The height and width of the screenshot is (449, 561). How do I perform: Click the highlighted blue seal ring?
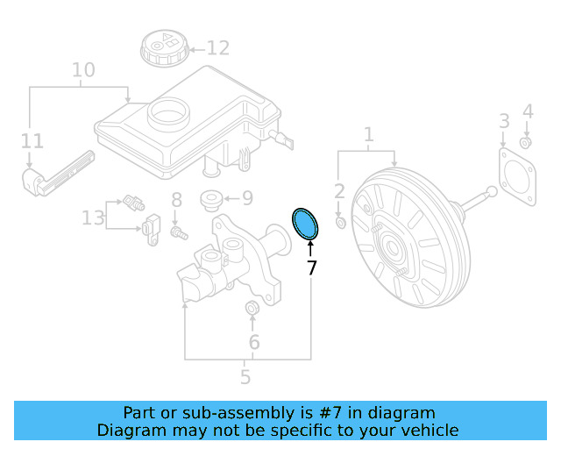306,224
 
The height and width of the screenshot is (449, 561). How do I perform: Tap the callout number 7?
311,268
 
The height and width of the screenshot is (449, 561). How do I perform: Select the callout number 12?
217,48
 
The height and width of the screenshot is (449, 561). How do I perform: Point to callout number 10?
82,69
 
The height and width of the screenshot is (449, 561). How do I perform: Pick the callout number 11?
32,140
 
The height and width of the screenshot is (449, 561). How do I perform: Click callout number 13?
93,217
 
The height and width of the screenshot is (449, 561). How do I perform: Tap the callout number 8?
175,200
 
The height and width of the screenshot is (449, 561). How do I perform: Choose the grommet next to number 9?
210,199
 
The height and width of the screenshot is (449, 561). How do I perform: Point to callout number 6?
254,341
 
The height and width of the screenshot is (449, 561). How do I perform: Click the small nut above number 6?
252,308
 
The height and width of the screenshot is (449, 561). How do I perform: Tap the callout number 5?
245,377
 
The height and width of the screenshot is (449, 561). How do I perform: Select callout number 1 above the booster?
368,135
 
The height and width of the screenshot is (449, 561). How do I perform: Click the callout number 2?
339,191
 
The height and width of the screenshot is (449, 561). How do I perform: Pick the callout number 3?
504,120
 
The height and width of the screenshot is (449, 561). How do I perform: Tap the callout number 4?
527,111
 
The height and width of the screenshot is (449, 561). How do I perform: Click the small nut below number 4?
525,143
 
